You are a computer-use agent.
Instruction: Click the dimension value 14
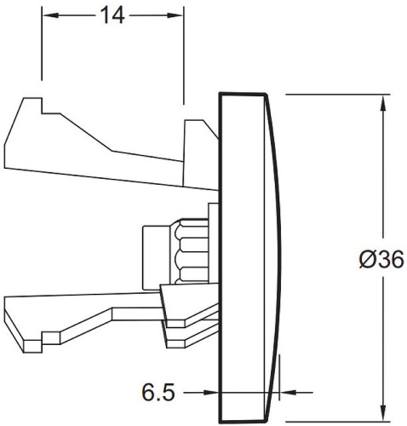point(112,15)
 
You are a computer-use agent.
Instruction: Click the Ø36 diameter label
point(381,259)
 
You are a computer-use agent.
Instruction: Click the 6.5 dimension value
point(158,393)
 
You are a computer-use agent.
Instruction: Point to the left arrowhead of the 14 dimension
point(50,15)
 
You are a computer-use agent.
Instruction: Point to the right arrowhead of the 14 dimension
point(175,15)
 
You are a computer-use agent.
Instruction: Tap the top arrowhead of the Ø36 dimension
point(383,103)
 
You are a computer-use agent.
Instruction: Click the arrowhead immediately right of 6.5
point(210,393)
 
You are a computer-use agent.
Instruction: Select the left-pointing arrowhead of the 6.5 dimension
point(288,393)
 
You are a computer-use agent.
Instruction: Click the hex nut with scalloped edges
point(189,251)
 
